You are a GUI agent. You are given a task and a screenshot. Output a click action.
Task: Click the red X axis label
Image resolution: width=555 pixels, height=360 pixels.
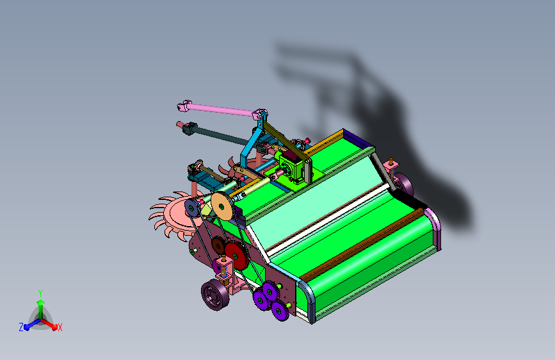(x=60, y=327)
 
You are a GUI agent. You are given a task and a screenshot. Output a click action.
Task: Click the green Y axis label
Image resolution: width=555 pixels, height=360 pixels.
(x=40, y=293)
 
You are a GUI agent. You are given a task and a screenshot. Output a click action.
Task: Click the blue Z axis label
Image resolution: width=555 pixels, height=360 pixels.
(x=21, y=327)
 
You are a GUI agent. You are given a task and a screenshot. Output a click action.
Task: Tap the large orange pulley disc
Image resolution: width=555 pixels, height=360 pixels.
(x=222, y=206)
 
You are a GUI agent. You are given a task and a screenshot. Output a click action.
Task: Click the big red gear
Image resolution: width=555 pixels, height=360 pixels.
(x=236, y=256)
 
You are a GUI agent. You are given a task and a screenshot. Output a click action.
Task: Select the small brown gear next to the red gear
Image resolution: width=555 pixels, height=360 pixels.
(x=218, y=245)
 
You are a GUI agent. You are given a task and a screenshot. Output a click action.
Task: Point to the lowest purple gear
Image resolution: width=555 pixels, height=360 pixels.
(x=280, y=311)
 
